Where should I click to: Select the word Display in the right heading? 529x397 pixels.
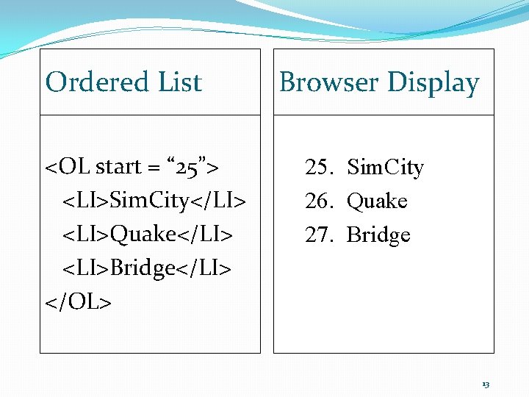[433, 83]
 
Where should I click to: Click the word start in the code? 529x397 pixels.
[118, 167]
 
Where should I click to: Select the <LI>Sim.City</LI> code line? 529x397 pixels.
[154, 200]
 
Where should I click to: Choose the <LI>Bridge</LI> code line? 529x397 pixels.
[147, 268]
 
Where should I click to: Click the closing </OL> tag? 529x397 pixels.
[79, 301]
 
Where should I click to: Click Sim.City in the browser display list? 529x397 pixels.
[385, 168]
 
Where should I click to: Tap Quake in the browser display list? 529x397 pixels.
[377, 201]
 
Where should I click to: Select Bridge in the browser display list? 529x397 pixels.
[378, 235]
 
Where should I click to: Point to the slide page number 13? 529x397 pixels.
[486, 385]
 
